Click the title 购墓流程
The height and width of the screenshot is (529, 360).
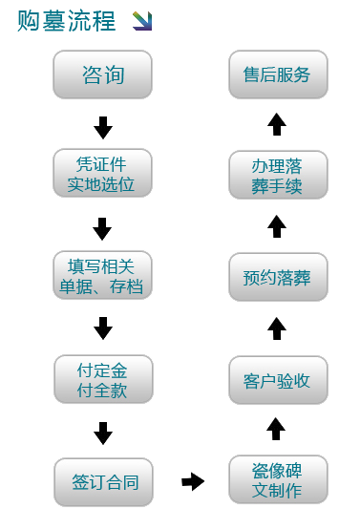[x=66, y=21]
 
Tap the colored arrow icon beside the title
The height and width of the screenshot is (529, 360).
[x=142, y=20]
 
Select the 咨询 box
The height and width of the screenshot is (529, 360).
[x=104, y=74]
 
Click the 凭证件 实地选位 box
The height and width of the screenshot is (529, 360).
[x=104, y=172]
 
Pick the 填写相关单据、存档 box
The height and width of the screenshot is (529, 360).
[x=104, y=275]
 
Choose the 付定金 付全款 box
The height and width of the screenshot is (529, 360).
[x=104, y=379]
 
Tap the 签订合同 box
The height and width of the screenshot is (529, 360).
[x=104, y=482]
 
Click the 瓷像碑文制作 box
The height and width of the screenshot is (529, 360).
[x=277, y=480]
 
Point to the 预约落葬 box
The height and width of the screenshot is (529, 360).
[x=277, y=279]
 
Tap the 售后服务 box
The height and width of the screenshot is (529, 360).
[x=277, y=74]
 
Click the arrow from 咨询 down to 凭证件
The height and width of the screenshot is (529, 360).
[x=103, y=126]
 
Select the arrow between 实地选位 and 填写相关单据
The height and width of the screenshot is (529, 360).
[x=103, y=228]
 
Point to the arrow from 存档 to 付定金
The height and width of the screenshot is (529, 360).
[x=103, y=328]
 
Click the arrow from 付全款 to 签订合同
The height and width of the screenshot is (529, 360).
[x=103, y=433]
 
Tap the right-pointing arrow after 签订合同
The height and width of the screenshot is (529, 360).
[x=194, y=481]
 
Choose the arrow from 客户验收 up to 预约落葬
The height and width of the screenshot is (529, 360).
[x=277, y=328]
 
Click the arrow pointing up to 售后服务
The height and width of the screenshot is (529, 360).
[x=277, y=124]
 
